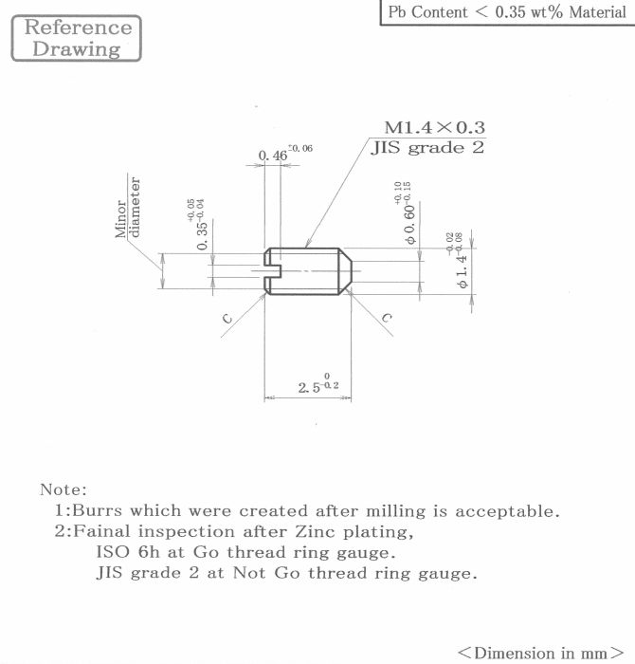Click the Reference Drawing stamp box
[76, 38]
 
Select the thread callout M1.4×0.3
[434, 127]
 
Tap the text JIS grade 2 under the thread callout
[427, 148]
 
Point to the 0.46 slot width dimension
[285, 153]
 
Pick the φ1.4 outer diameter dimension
[458, 260]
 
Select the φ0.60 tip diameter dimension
[405, 213]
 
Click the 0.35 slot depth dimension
[198, 224]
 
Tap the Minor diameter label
[127, 207]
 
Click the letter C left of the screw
[227, 318]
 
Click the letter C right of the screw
[387, 318]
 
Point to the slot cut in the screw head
[272, 271]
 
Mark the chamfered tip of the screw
[345, 271]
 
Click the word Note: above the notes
[63, 490]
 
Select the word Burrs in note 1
[97, 510]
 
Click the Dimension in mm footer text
[540, 653]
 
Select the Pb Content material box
[507, 12]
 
